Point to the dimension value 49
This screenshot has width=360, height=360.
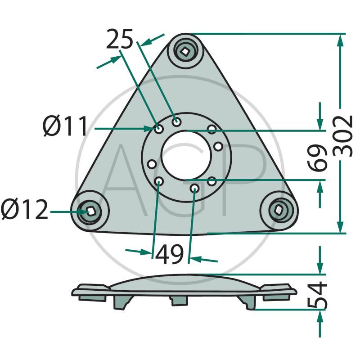coord(170,255)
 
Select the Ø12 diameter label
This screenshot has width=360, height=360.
coord(24,210)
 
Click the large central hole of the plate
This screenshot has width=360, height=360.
coord(186,155)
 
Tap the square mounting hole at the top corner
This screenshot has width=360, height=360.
coord(185,51)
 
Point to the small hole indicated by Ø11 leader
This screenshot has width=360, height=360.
coord(159,129)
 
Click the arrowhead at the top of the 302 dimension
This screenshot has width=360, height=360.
coord(341,39)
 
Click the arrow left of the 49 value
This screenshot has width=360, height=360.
coord(146,252)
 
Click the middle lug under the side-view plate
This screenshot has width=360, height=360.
coord(179,300)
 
